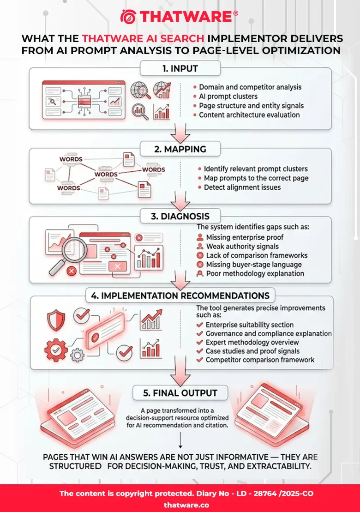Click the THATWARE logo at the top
pyautogui.click(x=180, y=17)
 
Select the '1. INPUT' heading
pyautogui.click(x=180, y=69)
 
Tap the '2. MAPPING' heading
pyautogui.click(x=180, y=150)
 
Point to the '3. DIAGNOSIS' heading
pyautogui.click(x=180, y=216)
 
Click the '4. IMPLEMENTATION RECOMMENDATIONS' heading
pyautogui.click(x=180, y=295)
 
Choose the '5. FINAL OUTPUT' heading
pyautogui.click(x=180, y=393)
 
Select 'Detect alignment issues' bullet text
pyautogui.click(x=242, y=187)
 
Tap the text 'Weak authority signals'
pyautogui.click(x=242, y=247)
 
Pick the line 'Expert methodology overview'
pyautogui.click(x=252, y=343)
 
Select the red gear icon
pyautogui.click(x=55, y=350)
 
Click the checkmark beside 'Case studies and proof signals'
pyautogui.click(x=200, y=351)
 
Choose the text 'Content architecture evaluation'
pyautogui.click(x=249, y=114)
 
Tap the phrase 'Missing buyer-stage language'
pyautogui.click(x=254, y=265)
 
